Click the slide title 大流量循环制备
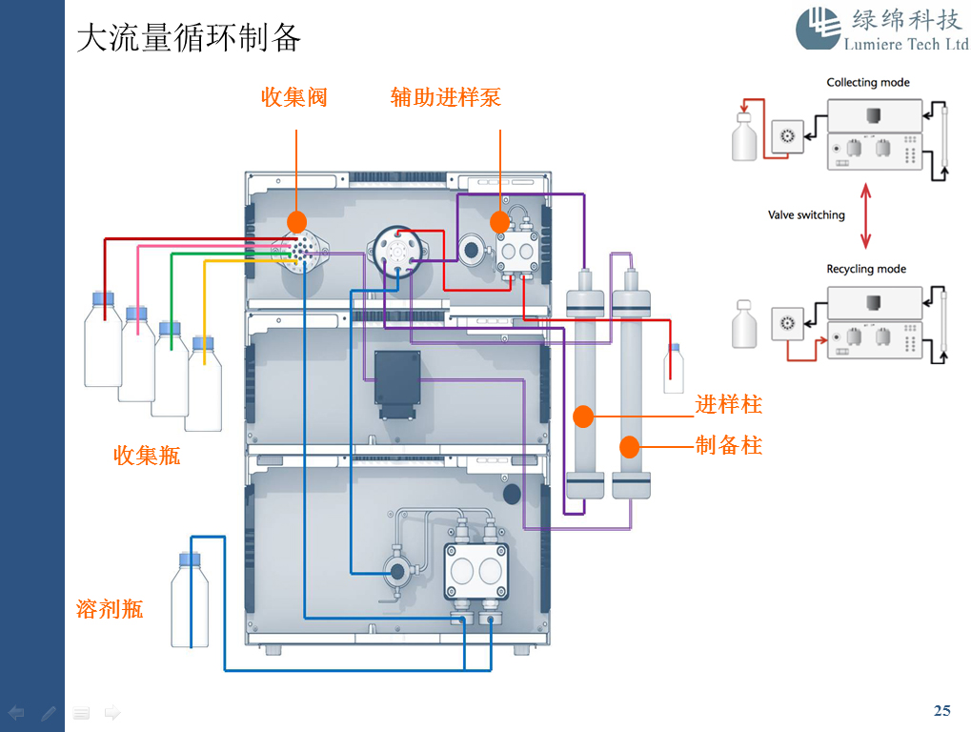[x=189, y=37]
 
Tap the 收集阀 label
[x=294, y=96]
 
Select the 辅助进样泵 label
[x=445, y=96]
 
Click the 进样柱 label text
[x=729, y=404]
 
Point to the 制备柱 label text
[x=729, y=445]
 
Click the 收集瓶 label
[x=147, y=455]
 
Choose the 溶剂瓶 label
[x=110, y=608]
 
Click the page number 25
[x=941, y=710]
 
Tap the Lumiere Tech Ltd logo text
[x=905, y=44]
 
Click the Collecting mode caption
[x=867, y=83]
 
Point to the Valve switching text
[x=806, y=214]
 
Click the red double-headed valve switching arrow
[x=865, y=219]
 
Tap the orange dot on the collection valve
[x=296, y=222]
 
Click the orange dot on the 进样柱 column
[x=583, y=417]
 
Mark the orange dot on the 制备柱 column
[x=629, y=445]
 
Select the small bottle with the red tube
[x=674, y=368]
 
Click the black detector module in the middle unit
[x=396, y=384]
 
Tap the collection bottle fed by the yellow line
[x=203, y=383]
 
